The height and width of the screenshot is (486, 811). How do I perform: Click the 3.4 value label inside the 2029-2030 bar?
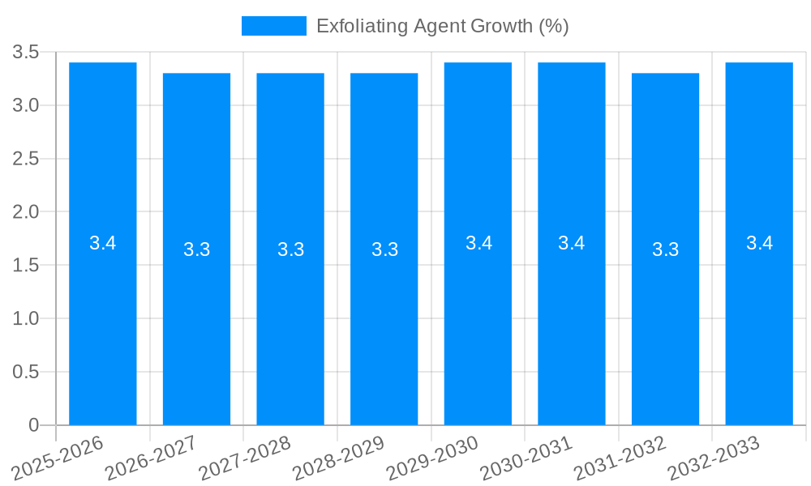(478, 243)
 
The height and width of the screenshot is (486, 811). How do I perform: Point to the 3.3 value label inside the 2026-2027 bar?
(197, 249)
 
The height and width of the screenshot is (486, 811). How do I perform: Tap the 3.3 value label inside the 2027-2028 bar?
(290, 249)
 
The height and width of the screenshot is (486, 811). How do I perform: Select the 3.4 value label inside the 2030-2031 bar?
(572, 243)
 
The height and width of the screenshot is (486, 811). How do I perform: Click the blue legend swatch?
(274, 26)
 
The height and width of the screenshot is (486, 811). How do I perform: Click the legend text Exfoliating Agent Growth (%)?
(442, 26)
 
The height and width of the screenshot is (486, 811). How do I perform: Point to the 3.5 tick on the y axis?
(26, 53)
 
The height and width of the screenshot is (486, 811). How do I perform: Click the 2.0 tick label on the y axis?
(26, 212)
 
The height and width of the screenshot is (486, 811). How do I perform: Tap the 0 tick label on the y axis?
(33, 425)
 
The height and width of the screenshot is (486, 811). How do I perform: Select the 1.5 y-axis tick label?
(26, 266)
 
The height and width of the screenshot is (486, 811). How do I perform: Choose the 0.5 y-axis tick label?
(26, 372)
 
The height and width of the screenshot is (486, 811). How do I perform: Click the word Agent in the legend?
(440, 26)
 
